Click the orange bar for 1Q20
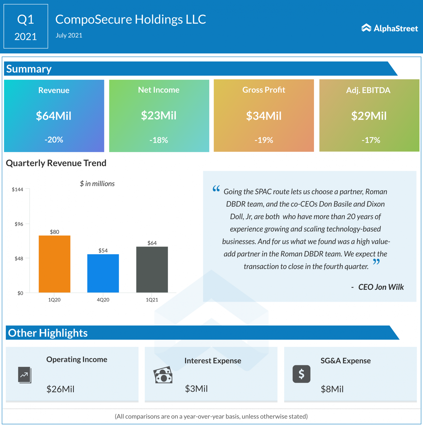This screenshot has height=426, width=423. [x=54, y=264]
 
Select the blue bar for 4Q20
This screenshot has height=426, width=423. [x=103, y=273]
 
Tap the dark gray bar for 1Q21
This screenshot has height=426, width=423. [x=152, y=269]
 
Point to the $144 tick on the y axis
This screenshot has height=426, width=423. [x=17, y=189]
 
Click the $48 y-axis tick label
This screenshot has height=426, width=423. [x=19, y=258]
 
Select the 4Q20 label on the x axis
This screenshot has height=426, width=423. [x=103, y=300]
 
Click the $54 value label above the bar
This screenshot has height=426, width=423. [x=103, y=250]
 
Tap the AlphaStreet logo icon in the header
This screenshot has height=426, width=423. [x=366, y=28]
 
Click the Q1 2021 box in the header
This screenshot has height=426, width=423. [x=26, y=26]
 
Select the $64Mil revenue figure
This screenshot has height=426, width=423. [x=54, y=116]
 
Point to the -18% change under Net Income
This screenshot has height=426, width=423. [x=159, y=140]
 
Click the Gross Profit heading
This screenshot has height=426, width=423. [x=264, y=90]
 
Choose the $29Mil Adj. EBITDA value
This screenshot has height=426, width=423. [x=369, y=116]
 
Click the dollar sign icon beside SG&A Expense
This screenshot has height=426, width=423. [x=301, y=374]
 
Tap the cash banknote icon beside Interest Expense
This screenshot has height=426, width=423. [x=163, y=375]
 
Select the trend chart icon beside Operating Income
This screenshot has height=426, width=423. [x=24, y=375]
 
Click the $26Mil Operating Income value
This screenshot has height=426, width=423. [x=60, y=389]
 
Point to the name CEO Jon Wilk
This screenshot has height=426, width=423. [x=381, y=287]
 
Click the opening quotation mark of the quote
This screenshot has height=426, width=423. [x=216, y=189]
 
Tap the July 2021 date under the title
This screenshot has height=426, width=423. [x=69, y=35]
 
